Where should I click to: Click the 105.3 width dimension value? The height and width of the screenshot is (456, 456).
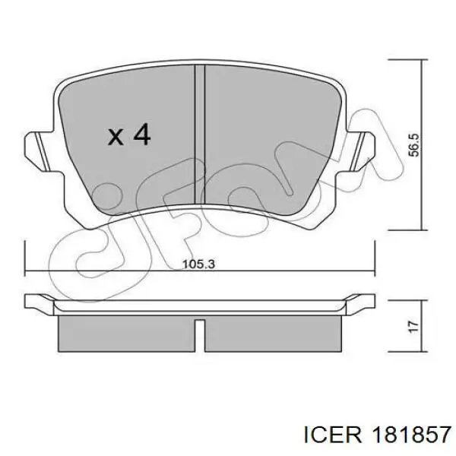(198, 264)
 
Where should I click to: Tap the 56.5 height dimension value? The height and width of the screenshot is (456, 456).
(414, 145)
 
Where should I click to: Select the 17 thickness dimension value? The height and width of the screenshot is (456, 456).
(413, 327)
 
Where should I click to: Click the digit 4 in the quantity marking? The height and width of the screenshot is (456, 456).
(141, 134)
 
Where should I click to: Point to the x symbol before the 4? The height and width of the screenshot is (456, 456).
(116, 137)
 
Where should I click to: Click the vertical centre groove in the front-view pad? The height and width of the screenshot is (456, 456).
(200, 135)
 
